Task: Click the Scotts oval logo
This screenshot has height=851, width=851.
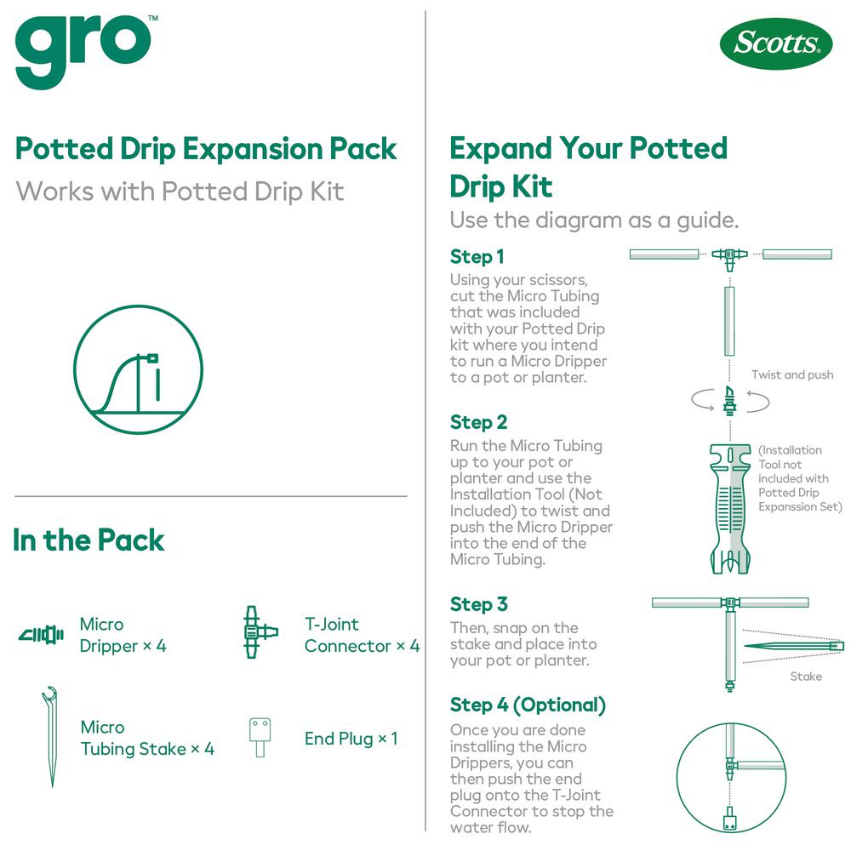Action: (x=775, y=43)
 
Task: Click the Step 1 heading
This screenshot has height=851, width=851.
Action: (x=477, y=256)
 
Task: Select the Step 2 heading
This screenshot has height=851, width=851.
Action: (x=478, y=422)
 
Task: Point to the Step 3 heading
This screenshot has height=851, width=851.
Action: (x=478, y=603)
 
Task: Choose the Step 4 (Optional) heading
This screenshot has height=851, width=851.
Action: (x=528, y=705)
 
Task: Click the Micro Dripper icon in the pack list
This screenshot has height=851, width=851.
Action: (x=41, y=635)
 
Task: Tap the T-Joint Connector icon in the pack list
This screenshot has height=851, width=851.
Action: (x=260, y=632)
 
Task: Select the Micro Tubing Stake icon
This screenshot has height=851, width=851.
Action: (x=50, y=736)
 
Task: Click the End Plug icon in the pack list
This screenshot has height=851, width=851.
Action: (x=260, y=737)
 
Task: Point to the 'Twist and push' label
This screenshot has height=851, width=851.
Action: (x=792, y=374)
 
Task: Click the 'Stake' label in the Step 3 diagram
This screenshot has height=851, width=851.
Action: (x=806, y=677)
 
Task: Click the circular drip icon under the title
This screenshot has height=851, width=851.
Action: (x=139, y=369)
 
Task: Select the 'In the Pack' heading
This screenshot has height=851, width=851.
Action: (x=89, y=540)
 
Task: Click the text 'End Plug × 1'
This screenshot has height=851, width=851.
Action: (x=351, y=738)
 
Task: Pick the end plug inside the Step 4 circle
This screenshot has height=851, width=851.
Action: (x=730, y=819)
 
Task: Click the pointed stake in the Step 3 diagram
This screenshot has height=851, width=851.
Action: (x=793, y=646)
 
